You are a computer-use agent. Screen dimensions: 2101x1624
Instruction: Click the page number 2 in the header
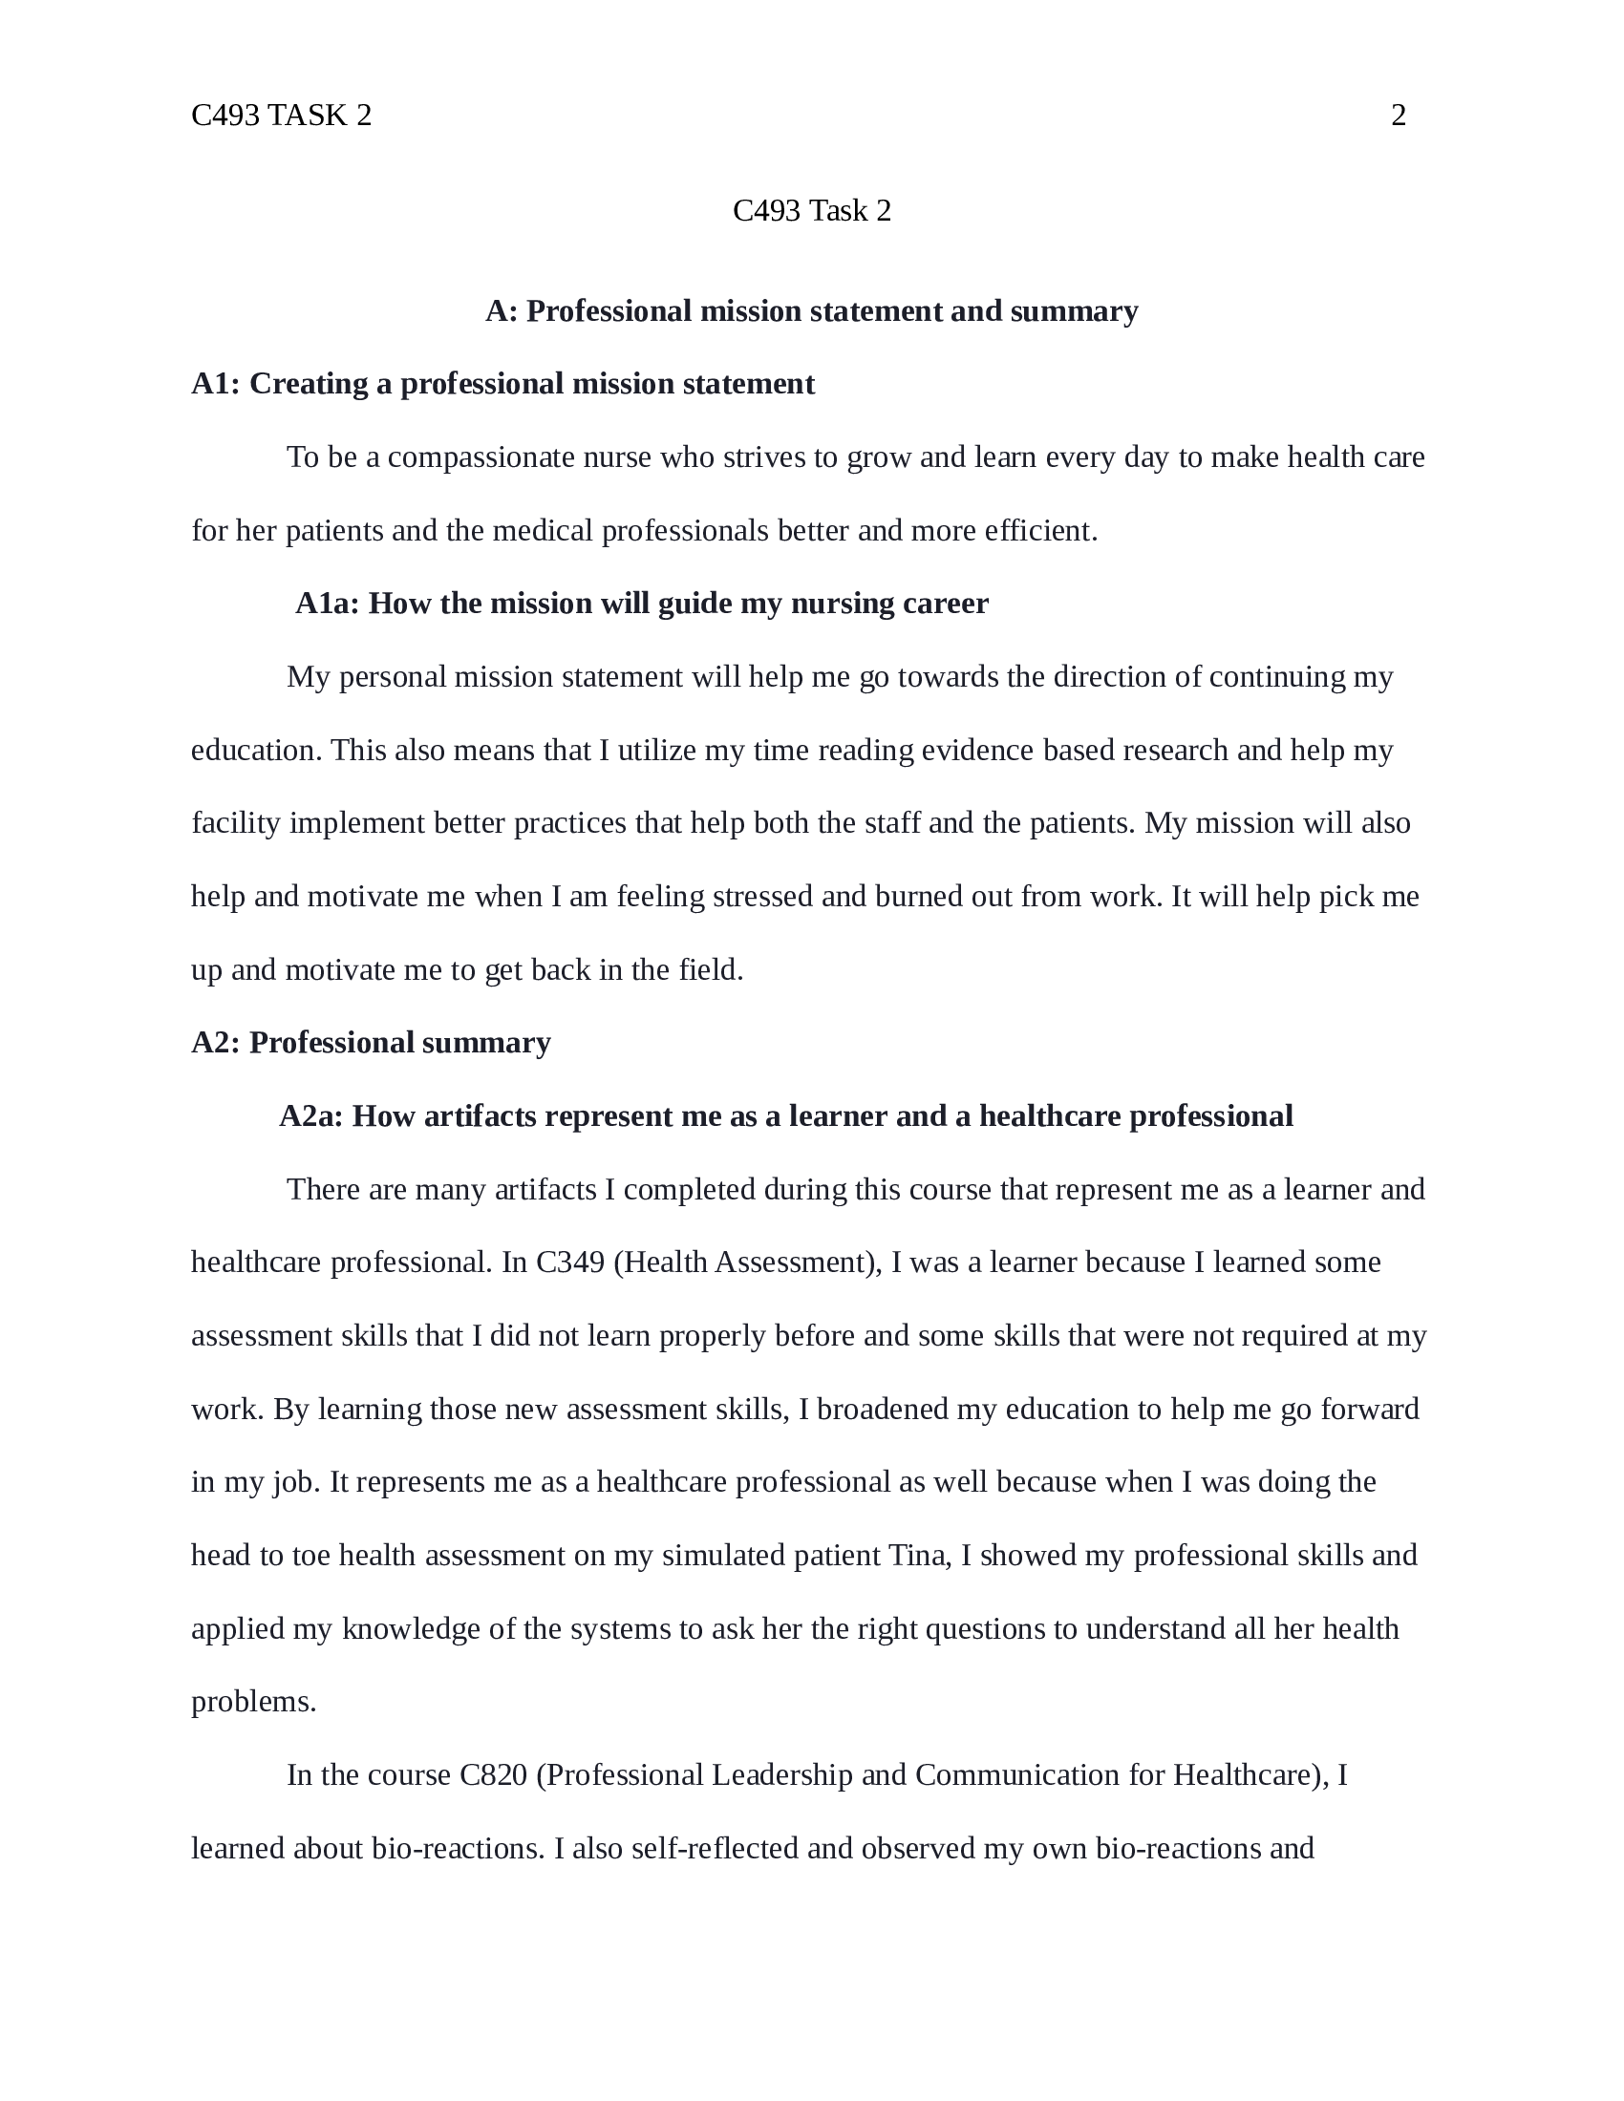click(1398, 116)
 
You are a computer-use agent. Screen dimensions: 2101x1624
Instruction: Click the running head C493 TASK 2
click(281, 116)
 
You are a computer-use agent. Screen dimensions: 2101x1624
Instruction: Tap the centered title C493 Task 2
click(811, 211)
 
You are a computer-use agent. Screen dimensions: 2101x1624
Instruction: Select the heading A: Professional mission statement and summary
click(811, 311)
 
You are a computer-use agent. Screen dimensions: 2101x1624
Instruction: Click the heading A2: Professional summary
click(371, 1043)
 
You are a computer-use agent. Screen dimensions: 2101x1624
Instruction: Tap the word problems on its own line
click(253, 1702)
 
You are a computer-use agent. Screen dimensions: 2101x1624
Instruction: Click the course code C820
click(493, 1775)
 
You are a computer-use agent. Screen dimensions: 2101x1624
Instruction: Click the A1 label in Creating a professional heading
click(215, 385)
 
